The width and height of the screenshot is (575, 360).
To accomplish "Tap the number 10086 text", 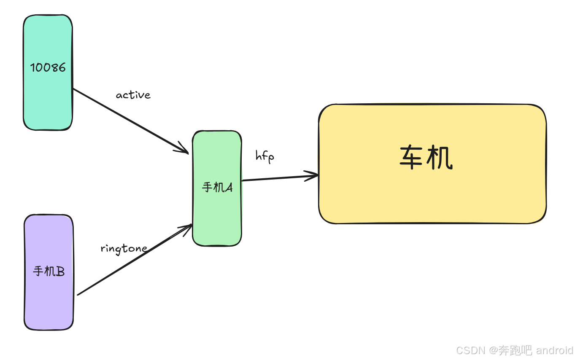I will pos(48,67).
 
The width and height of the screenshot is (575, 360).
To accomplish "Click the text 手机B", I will pos(49,271).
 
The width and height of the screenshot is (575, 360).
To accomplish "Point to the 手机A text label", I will pos(217,187).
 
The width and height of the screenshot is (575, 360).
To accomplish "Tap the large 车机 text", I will pos(426,159).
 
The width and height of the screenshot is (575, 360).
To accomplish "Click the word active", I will pos(133,95).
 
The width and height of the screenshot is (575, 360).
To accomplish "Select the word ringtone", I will pos(124,248).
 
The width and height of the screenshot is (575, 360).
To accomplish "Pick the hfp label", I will pos(265,156).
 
